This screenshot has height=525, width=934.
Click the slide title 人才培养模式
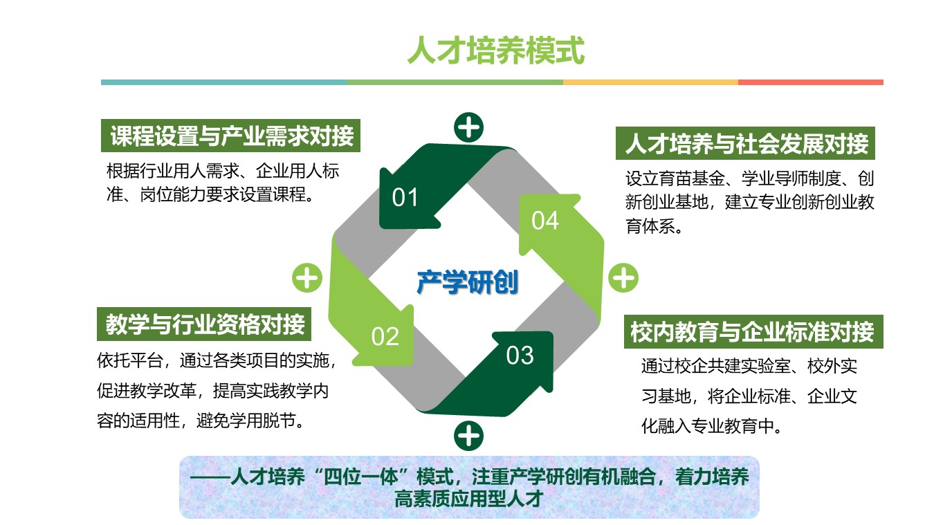[x=496, y=50]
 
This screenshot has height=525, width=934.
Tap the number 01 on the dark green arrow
[x=405, y=197]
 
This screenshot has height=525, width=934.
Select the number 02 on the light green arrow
[x=385, y=336]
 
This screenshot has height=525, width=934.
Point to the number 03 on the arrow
[x=520, y=356]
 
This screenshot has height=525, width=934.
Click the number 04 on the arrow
[x=545, y=221]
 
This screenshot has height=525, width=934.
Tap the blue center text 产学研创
[x=468, y=282]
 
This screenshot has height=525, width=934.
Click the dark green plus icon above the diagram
[x=468, y=127]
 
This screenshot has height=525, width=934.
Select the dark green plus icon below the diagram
[x=468, y=436]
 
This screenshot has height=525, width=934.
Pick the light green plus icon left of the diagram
[x=307, y=278]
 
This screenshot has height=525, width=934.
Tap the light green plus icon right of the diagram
[x=623, y=278]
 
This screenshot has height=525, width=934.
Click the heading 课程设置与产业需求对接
[x=231, y=136]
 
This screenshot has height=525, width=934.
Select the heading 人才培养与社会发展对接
[x=747, y=143]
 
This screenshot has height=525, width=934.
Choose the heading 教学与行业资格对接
[x=205, y=324]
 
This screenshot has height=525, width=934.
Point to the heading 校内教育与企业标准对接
[x=752, y=332]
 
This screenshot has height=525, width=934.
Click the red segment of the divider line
[x=811, y=82]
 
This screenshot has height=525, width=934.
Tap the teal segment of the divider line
[x=224, y=82]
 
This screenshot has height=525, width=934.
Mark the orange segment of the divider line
[x=650, y=82]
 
